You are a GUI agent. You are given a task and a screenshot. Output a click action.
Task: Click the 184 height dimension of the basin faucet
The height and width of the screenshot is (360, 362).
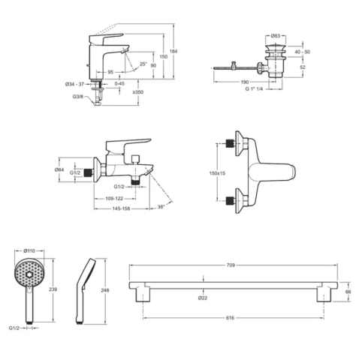click(x=173, y=51)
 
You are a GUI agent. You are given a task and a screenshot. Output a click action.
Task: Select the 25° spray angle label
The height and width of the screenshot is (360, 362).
click(x=143, y=64)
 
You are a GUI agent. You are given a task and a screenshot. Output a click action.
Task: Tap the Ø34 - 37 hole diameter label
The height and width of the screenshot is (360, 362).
click(x=74, y=84)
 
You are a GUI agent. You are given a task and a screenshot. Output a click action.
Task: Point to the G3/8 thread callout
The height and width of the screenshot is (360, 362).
click(x=78, y=96)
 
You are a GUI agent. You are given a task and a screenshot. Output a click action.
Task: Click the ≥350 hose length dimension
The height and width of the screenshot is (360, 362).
click(x=138, y=92)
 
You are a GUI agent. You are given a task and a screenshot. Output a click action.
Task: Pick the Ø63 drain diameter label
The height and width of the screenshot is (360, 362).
click(x=276, y=36)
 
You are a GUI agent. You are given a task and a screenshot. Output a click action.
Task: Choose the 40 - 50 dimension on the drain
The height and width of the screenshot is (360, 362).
click(x=302, y=52)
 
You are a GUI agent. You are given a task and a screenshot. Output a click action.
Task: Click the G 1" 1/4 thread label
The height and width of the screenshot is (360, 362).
click(x=254, y=88)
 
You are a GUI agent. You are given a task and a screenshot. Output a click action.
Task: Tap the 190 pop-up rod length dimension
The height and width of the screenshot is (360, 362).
click(x=244, y=82)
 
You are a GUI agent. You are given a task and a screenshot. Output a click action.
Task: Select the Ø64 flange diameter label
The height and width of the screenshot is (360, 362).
click(x=59, y=169)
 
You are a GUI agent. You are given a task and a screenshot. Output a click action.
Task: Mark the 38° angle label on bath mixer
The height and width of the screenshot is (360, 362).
click(x=161, y=207)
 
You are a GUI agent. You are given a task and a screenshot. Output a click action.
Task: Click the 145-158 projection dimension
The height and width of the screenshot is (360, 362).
click(x=121, y=208)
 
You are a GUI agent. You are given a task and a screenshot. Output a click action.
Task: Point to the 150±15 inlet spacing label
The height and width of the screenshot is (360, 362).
click(x=217, y=173)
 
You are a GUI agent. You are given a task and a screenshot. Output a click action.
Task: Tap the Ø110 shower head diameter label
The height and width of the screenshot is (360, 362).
click(x=29, y=250)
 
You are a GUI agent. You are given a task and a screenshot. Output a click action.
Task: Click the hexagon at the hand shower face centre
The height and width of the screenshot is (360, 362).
click(x=29, y=274)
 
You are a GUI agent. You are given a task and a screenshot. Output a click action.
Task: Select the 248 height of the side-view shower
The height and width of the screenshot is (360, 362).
click(x=105, y=290)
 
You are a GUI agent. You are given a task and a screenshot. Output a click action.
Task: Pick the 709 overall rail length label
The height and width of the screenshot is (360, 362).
click(x=231, y=265)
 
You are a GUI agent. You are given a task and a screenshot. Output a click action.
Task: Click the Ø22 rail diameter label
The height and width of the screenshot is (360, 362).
click(x=203, y=298)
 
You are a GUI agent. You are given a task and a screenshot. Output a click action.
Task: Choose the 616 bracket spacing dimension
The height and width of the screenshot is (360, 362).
click(x=230, y=318)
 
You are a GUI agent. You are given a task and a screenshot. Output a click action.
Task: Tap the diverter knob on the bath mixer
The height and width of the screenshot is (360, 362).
click(x=136, y=159)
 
